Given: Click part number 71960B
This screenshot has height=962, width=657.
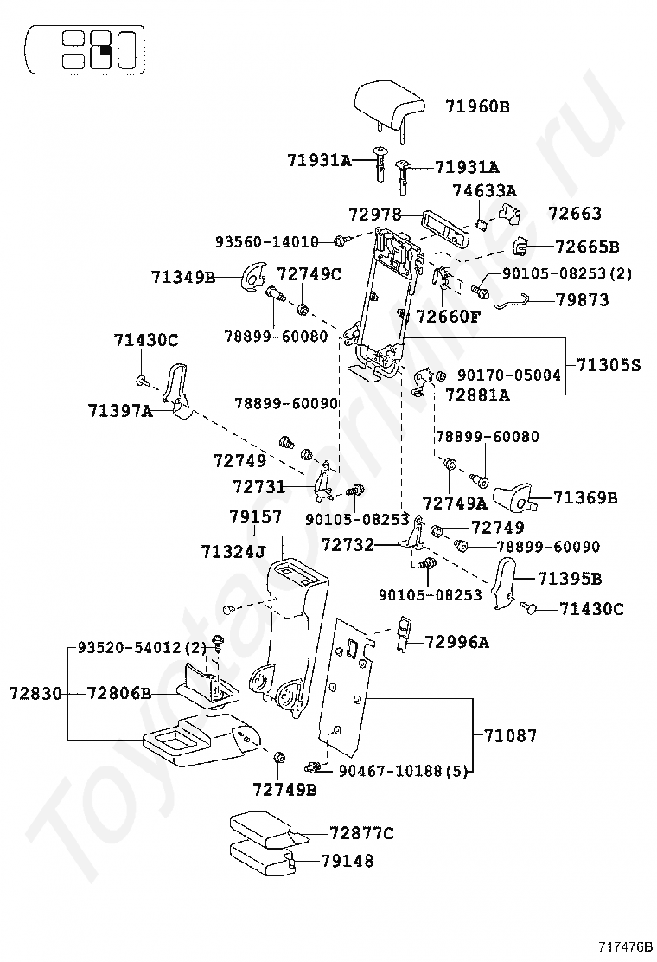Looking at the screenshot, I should (477, 106).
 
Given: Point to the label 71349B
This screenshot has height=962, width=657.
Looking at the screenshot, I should (183, 278).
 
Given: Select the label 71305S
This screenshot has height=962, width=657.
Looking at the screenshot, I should (609, 365).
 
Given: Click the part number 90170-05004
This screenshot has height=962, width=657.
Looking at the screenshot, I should (508, 375).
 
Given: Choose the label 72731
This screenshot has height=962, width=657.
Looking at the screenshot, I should (258, 487).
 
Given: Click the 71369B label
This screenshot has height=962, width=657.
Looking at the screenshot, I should (585, 497).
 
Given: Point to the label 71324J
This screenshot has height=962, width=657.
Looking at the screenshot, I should (233, 551).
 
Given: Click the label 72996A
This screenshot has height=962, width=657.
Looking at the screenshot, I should (456, 641).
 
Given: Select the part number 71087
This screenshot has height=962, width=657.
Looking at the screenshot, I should (510, 735).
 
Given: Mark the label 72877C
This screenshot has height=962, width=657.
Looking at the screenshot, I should (360, 833).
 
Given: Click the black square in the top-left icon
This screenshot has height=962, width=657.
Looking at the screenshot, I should (104, 49).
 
